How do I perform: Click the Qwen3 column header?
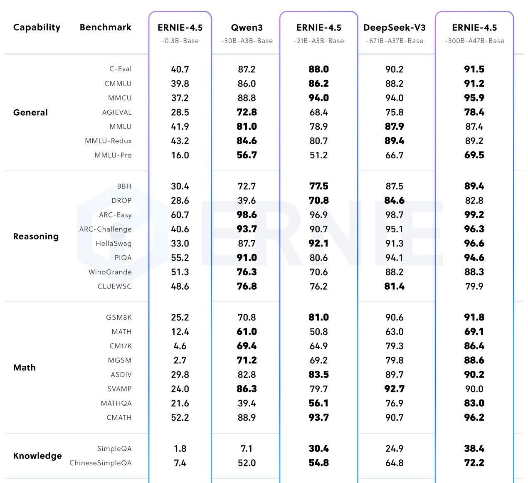(x=247, y=28)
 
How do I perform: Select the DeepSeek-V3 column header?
(x=394, y=28)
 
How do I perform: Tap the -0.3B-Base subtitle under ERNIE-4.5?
(x=180, y=41)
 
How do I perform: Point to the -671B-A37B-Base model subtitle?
(x=394, y=41)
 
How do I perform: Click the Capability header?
(x=37, y=27)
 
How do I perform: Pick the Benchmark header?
(x=105, y=27)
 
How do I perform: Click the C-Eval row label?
(x=121, y=69)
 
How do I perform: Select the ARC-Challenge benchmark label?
(x=105, y=229)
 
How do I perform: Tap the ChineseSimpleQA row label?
(x=100, y=463)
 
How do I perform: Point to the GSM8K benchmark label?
(x=118, y=318)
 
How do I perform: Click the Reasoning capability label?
(x=36, y=237)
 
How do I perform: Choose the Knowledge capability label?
(x=37, y=456)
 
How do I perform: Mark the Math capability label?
(x=25, y=368)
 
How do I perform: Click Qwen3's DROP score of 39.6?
(x=247, y=201)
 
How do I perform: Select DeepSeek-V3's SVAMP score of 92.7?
(x=394, y=389)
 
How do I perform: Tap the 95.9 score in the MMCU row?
(x=474, y=98)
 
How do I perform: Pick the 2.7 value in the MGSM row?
(x=180, y=360)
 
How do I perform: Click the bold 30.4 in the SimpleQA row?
(x=318, y=449)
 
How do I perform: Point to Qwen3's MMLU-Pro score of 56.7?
(x=247, y=155)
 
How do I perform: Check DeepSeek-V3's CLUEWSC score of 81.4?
(x=394, y=286)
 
